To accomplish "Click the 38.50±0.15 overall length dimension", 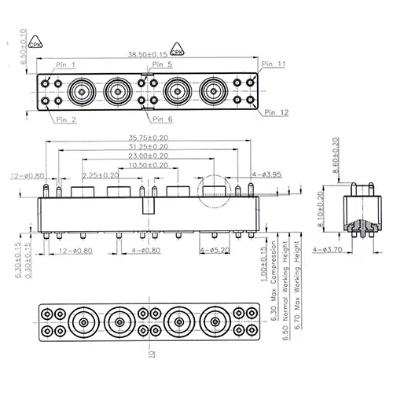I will [x=146, y=53].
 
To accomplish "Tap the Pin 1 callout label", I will [x=66, y=65].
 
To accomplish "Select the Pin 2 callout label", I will [x=66, y=119].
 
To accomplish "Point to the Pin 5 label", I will [x=162, y=64].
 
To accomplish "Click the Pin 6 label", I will [x=162, y=119].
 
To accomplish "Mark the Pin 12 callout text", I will [x=274, y=113].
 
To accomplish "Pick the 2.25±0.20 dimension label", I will [x=101, y=174].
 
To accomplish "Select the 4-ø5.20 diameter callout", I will [x=214, y=250].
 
